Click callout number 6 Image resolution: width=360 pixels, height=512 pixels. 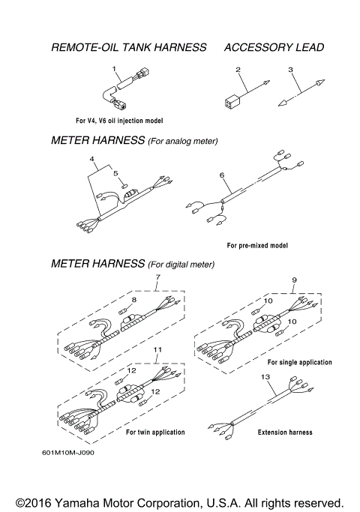pyautogui.click(x=222, y=175)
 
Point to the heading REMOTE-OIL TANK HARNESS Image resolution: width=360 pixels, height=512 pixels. pyautogui.click(x=128, y=47)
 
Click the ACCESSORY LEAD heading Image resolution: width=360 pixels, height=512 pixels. pyautogui.click(x=274, y=47)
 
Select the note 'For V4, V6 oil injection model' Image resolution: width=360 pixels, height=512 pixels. pyautogui.click(x=119, y=121)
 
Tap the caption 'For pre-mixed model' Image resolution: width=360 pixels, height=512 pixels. pyautogui.click(x=257, y=245)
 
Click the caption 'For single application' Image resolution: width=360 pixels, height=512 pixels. pyautogui.click(x=299, y=362)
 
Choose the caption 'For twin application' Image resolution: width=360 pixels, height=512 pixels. pyautogui.click(x=154, y=433)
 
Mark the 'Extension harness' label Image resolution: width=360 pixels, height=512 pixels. pyautogui.click(x=285, y=433)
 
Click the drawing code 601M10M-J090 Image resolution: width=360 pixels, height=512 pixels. pyautogui.click(x=69, y=453)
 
